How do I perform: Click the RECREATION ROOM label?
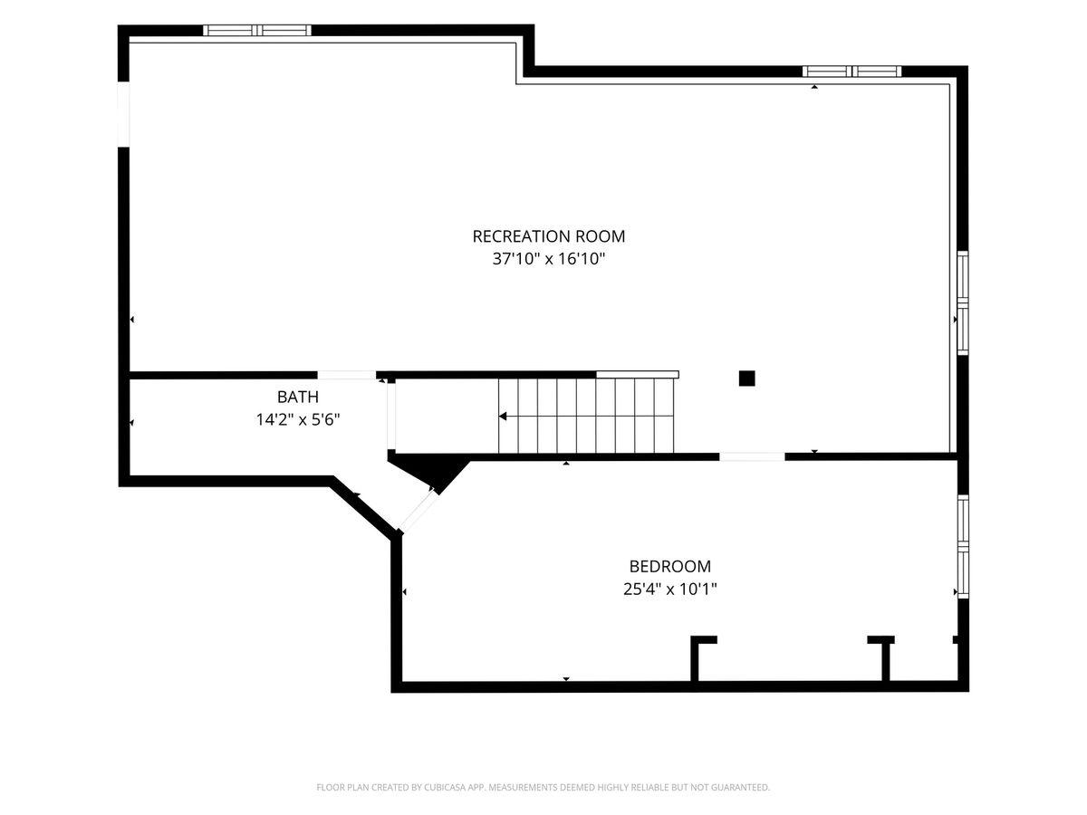[548, 236]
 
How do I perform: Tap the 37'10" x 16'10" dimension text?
[549, 259]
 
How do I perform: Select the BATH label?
[298, 397]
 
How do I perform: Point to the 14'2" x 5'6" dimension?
[298, 420]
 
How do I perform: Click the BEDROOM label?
[670, 566]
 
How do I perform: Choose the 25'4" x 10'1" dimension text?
[670, 590]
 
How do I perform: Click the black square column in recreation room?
[746, 379]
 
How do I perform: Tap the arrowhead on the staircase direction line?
[503, 417]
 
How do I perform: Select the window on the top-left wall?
[257, 30]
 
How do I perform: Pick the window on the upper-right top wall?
[851, 72]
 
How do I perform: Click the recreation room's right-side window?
[963, 302]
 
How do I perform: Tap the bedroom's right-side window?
[963, 547]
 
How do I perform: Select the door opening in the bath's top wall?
[347, 375]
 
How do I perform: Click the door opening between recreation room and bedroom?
[752, 456]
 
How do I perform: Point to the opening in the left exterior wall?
[123, 114]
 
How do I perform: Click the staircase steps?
[586, 416]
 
